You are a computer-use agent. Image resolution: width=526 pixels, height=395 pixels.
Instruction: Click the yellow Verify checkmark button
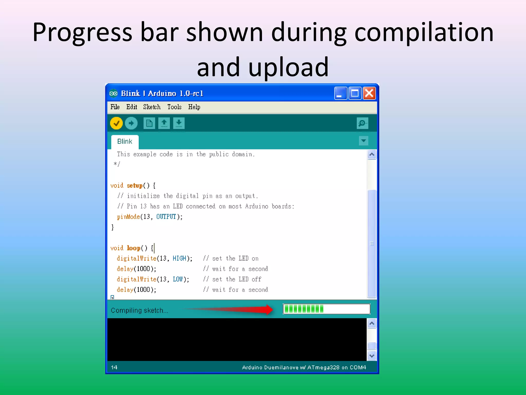(116, 123)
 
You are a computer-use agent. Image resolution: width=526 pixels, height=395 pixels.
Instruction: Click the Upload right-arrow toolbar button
(131, 123)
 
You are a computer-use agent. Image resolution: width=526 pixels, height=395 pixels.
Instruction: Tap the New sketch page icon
(149, 123)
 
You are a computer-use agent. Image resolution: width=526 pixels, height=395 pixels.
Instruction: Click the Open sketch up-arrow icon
(164, 123)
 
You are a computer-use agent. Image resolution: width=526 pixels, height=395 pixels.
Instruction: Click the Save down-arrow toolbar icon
(179, 123)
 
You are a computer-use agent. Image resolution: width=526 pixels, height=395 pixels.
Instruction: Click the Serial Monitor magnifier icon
(362, 123)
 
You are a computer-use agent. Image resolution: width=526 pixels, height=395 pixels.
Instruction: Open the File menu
(115, 107)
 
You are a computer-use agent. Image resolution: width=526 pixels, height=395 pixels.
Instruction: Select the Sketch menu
(152, 107)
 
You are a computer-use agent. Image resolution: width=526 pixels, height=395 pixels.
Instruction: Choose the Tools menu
(174, 107)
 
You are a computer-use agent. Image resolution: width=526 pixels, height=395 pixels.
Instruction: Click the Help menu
(194, 107)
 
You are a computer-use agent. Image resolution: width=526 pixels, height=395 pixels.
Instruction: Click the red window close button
(369, 93)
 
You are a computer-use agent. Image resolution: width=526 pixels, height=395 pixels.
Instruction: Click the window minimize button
(340, 93)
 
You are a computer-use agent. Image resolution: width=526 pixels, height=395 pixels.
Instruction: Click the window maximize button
(355, 93)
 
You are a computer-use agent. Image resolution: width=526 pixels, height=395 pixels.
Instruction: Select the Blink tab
(125, 141)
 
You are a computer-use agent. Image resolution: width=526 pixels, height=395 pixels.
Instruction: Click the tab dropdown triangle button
(363, 141)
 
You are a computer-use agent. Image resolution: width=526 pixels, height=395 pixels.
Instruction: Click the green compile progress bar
(326, 309)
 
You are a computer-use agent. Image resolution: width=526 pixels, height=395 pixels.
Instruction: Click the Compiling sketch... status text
(139, 310)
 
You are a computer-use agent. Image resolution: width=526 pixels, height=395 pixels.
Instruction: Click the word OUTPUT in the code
(166, 217)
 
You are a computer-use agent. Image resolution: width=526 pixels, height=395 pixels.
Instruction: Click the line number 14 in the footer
(114, 367)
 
